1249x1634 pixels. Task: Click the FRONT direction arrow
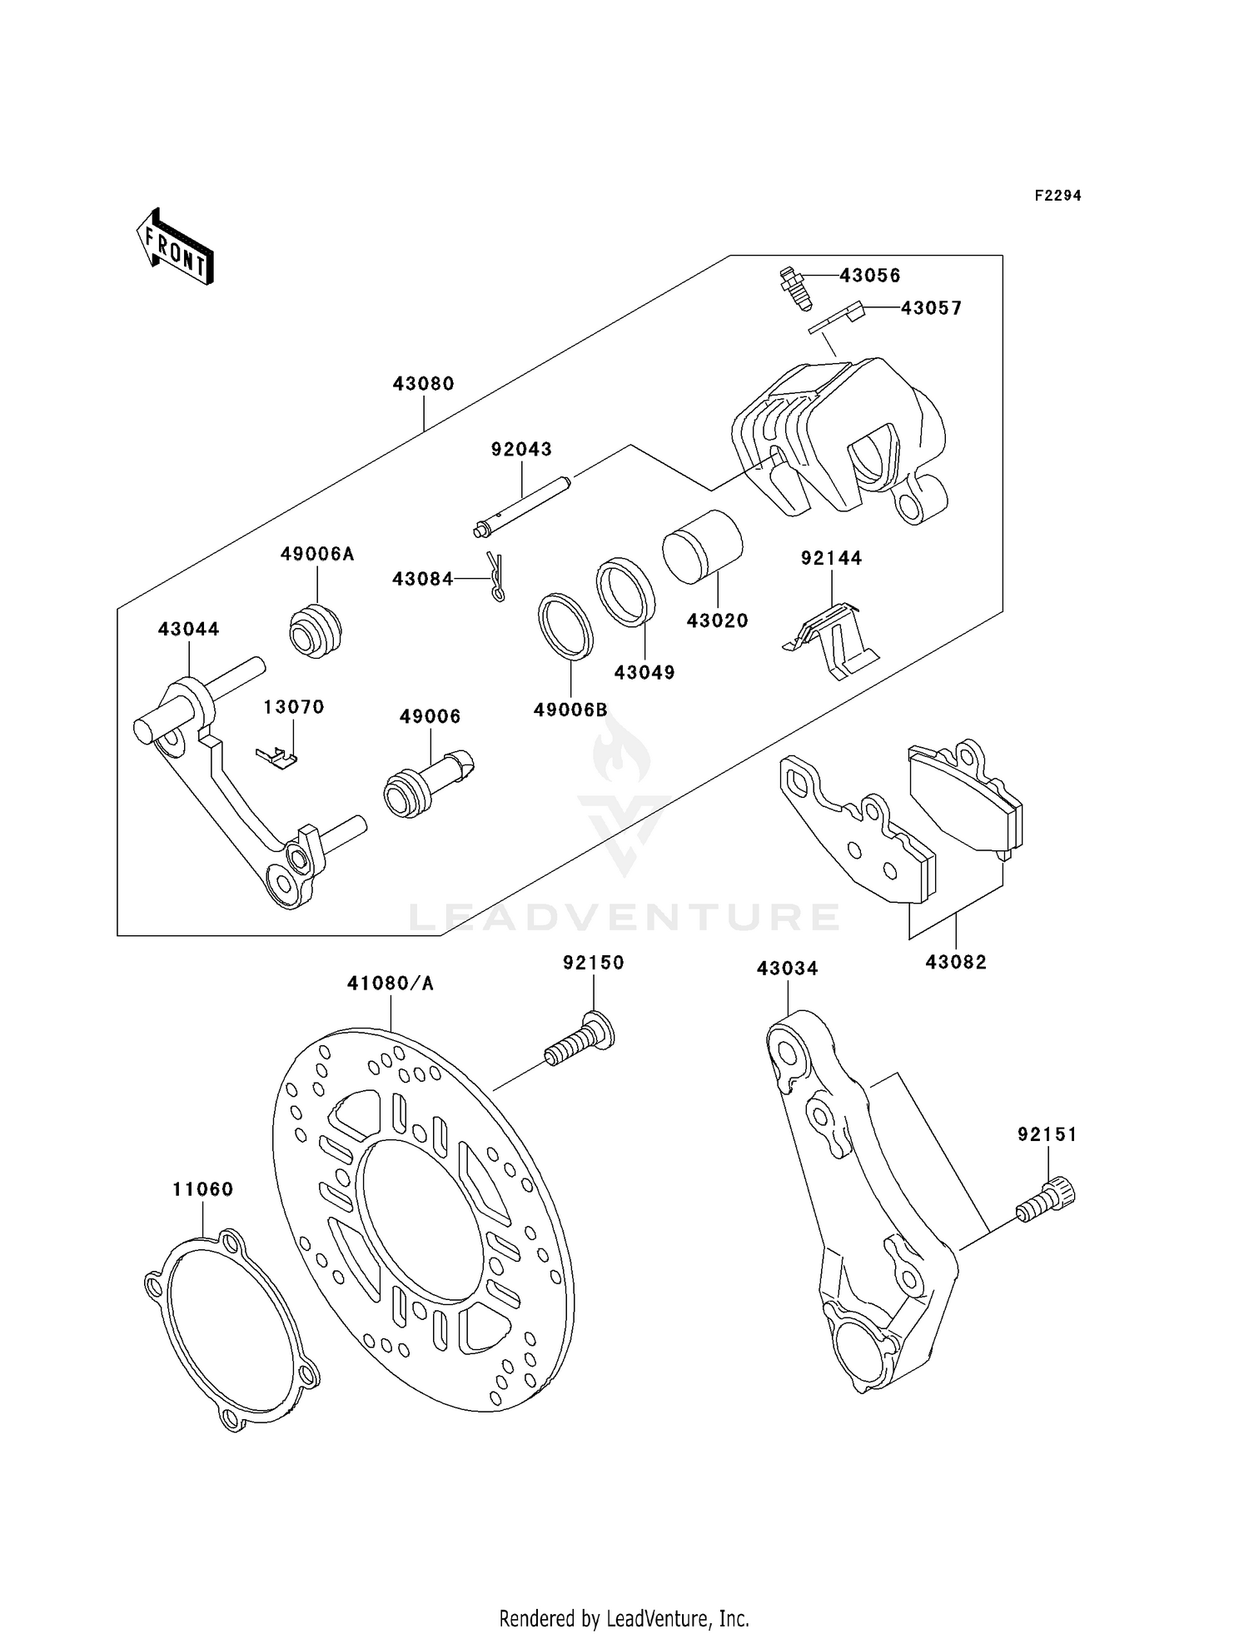176,247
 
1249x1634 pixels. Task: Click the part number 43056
869,276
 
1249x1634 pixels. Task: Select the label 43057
931,308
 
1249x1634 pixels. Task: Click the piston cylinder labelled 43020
703,546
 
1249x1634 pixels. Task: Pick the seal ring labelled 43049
625,592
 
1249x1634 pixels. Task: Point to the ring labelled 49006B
565,626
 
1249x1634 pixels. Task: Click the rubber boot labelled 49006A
316,630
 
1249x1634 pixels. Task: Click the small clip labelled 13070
277,756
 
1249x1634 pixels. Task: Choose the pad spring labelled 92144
830,640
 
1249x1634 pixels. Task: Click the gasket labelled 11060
231,1331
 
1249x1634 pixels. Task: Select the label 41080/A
391,984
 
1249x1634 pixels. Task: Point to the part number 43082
955,962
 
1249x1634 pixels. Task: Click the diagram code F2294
1057,196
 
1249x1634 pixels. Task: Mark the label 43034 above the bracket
787,969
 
